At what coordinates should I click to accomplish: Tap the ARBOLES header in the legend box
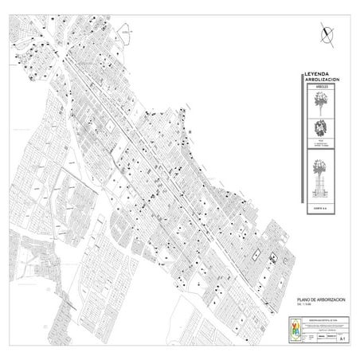point(322,88)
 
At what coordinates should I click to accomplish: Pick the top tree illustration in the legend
point(323,102)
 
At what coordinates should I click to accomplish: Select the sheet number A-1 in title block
point(342,338)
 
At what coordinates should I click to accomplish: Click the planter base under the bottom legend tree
point(323,191)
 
